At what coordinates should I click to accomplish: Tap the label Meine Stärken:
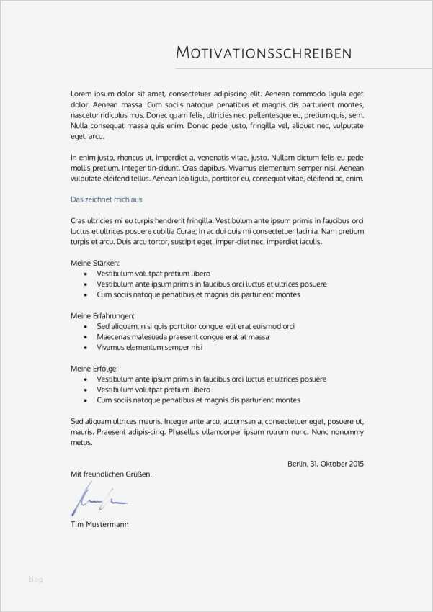pyautogui.click(x=95, y=264)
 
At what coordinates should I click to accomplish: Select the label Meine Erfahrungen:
pyautogui.click(x=102, y=316)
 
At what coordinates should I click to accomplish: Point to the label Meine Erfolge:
pyautogui.click(x=94, y=369)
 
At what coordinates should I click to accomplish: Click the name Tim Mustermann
pyautogui.click(x=99, y=525)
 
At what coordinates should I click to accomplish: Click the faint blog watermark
pyautogui.click(x=36, y=577)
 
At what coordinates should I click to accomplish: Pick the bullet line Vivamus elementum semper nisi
pyautogui.click(x=150, y=347)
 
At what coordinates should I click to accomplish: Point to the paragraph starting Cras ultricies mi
pyautogui.click(x=217, y=230)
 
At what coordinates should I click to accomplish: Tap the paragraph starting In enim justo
pyautogui.click(x=217, y=167)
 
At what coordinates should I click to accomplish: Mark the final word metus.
pyautogui.click(x=81, y=442)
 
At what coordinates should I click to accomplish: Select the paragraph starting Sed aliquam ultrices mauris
pyautogui.click(x=217, y=431)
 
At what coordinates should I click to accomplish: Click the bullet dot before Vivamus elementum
pyautogui.click(x=86, y=348)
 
